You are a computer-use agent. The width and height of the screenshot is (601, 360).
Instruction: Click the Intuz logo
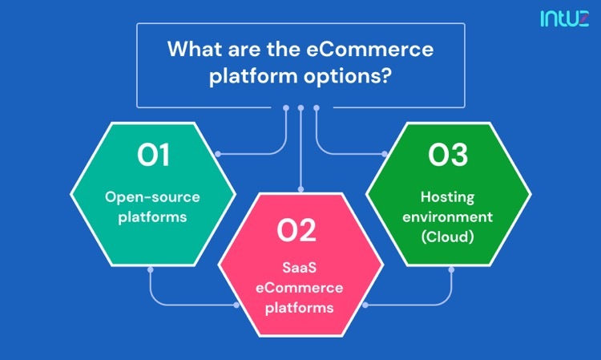(564, 18)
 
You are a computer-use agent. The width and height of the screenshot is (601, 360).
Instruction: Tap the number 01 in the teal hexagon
(153, 155)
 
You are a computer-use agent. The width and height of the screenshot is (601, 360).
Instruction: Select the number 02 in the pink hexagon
(296, 230)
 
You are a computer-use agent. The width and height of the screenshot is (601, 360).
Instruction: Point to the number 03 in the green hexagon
(448, 155)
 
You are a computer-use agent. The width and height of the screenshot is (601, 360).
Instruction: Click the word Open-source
(152, 197)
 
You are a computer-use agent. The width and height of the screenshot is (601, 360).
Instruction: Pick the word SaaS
(300, 267)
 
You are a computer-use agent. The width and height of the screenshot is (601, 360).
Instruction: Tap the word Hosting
(448, 198)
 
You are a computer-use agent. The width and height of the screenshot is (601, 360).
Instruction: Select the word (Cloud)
(448, 237)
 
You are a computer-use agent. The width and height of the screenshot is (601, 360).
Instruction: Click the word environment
(448, 217)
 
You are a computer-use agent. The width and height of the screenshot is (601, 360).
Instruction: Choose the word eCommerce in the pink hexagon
(300, 288)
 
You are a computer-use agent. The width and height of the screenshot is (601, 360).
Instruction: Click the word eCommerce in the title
(370, 49)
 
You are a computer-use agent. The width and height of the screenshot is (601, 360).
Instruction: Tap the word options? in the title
(348, 76)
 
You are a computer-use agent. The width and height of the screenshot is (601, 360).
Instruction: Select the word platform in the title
(253, 76)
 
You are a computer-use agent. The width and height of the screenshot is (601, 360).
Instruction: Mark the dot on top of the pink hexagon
(300, 189)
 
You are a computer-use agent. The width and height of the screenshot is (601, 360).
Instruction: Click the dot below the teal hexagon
(151, 270)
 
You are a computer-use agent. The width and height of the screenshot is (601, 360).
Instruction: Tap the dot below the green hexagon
(451, 270)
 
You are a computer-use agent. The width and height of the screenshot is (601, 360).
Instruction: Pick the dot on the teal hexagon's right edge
(218, 154)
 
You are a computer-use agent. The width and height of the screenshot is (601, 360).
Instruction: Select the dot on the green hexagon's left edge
(385, 154)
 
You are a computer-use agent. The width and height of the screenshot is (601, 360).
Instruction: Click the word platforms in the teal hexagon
(152, 217)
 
